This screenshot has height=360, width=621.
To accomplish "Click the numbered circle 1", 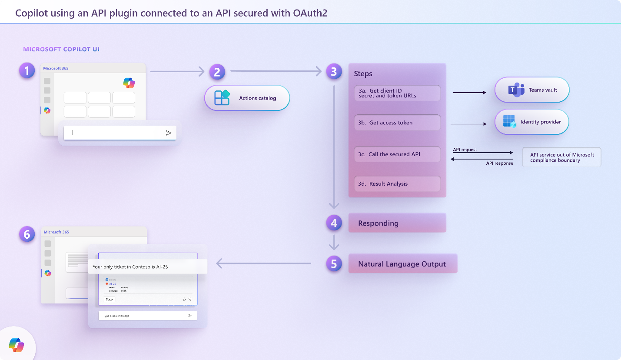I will coord(27,70).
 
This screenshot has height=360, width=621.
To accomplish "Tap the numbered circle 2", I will coord(217,71).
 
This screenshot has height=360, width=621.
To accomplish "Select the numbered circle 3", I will coord(334,71).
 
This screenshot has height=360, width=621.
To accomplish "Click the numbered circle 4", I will coord(334,223).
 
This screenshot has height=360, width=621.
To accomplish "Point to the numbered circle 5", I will coord(334,264).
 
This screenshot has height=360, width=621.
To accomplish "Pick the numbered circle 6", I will coord(27,234).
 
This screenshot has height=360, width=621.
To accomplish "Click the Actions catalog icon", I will coord(222,98).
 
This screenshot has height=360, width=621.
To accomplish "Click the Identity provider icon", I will coord(509,122).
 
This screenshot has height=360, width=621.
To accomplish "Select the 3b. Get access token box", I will coord(397,123).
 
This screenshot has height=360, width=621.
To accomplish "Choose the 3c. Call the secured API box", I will coord(397,154).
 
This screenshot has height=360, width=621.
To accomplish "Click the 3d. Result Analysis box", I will coord(397,184).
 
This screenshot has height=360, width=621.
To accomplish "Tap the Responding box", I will coord(397,223).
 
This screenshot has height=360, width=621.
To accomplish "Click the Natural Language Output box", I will coord(402,264).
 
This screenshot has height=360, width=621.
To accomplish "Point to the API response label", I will coord(499,163).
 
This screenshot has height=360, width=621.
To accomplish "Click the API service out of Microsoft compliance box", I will coord(561,157).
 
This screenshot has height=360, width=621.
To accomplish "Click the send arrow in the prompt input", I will coord(169,133).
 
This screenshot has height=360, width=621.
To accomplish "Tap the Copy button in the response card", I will coord(110,299).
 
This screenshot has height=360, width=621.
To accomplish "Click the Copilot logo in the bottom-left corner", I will coord(17,346).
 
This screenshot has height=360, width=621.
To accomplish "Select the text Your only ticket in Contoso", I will coord(130,267).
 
